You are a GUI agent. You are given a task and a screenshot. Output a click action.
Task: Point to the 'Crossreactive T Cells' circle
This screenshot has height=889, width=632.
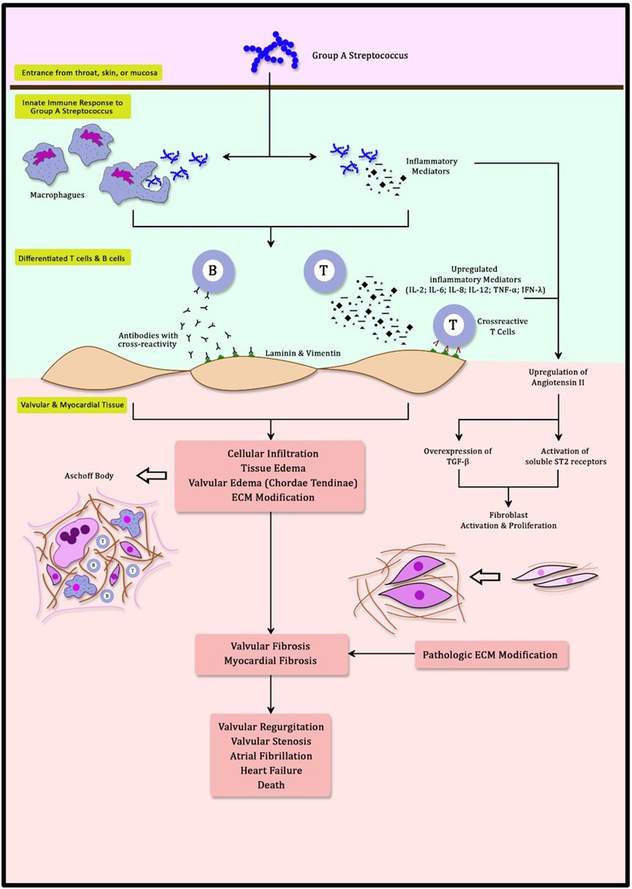pos(453,326)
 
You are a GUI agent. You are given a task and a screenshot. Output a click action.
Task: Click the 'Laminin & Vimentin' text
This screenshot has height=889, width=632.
pos(302,353)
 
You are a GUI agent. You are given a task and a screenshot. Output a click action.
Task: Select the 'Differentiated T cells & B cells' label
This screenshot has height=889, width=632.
pos(72,258)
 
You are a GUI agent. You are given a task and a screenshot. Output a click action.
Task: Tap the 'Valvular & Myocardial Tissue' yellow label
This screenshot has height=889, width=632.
pos(72,405)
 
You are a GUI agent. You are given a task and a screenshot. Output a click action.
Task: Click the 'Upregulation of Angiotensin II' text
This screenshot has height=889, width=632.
pos(558,377)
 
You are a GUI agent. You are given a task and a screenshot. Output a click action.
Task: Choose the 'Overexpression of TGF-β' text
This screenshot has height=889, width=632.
pos(457,456)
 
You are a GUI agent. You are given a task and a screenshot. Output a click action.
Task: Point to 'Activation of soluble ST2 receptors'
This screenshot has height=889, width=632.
pos(565,456)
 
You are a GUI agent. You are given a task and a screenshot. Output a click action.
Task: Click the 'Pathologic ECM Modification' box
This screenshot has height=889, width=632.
pos(490,655)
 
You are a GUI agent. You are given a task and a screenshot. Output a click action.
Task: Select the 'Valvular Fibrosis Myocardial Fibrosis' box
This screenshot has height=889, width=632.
pos(271,654)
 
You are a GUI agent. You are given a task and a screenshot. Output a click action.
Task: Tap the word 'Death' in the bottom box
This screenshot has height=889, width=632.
pos(271,785)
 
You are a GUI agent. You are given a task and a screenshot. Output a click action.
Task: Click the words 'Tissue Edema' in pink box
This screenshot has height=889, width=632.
pos(271,468)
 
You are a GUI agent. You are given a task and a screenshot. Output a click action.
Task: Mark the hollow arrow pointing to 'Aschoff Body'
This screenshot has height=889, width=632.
pos(151,475)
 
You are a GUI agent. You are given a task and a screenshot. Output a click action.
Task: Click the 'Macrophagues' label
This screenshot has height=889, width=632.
pos(57,195)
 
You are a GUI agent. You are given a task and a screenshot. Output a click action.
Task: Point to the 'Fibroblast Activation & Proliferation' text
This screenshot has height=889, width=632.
pos(508,521)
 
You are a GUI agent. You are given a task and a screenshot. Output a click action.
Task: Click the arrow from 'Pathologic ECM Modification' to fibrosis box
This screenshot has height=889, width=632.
pos(381,655)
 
